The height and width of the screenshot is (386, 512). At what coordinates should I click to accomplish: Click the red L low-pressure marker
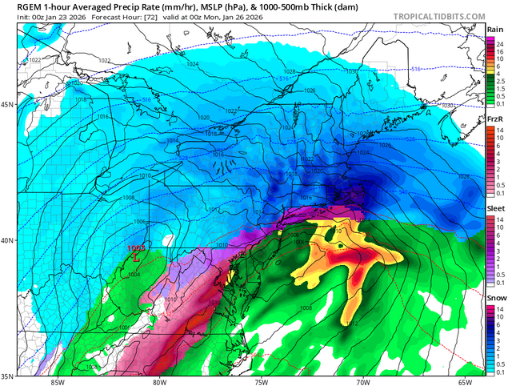(x=137, y=258)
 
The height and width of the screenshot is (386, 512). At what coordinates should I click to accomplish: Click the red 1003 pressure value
(x=137, y=249)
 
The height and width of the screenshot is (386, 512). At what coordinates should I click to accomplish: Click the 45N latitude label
(x=7, y=105)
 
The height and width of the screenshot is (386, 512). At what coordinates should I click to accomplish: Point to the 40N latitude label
(x=7, y=240)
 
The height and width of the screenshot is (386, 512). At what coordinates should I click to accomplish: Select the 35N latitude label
(x=7, y=375)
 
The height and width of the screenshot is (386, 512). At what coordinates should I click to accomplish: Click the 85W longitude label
(x=56, y=381)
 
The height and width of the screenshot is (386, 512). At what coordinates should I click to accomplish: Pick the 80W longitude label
(x=159, y=381)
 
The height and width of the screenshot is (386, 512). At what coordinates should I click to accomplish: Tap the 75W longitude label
(x=261, y=381)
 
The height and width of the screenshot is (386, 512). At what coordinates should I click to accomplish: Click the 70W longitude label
(x=362, y=381)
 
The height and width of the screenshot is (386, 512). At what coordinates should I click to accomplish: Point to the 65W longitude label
(x=465, y=381)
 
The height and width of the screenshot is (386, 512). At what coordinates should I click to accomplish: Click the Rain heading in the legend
(x=496, y=30)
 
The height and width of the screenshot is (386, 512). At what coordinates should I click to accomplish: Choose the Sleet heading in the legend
(x=496, y=207)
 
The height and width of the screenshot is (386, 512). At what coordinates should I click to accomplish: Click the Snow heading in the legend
(x=496, y=295)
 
